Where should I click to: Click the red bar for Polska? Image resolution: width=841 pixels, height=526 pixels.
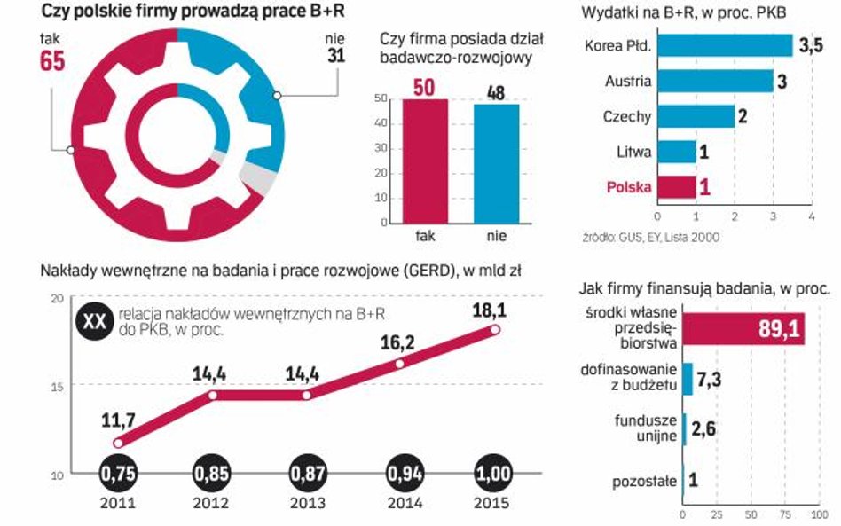point(677,187)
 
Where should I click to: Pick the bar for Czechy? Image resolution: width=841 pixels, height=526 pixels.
point(696,116)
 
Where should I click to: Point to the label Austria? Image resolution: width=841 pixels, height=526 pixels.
point(628,81)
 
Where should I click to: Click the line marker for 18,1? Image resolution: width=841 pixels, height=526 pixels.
point(495,329)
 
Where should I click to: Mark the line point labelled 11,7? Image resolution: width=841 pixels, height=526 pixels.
point(118,443)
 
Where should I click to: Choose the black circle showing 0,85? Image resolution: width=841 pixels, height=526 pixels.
point(212,475)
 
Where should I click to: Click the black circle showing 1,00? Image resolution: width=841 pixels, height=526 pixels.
point(495,475)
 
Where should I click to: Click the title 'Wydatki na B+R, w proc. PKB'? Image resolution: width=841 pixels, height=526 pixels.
point(683,12)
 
